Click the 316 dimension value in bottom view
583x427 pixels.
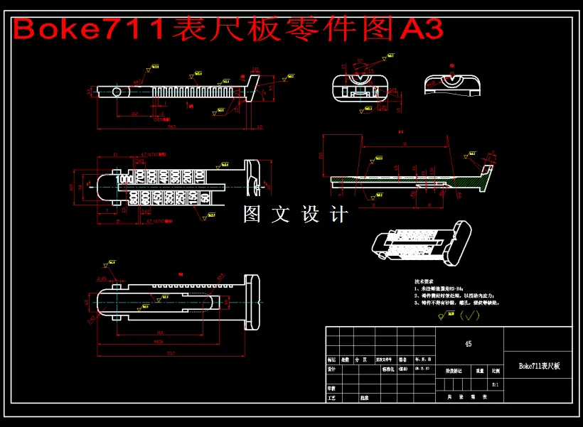tap(160, 332)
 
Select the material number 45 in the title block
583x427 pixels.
tap(468, 344)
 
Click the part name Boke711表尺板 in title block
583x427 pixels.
tap(539, 366)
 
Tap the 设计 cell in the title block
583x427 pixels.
tap(332, 369)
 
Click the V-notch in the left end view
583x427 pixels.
tap(362, 77)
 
